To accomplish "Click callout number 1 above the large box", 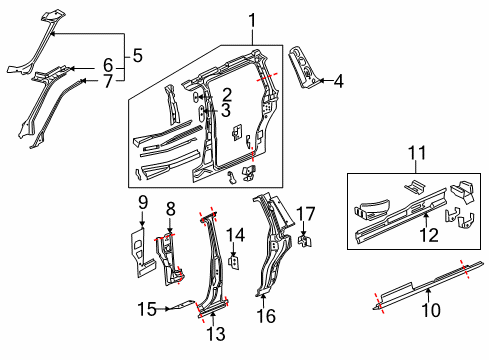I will pyautogui.click(x=252, y=19).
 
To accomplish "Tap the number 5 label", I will pyautogui.click(x=138, y=56).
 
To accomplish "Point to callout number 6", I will pyautogui.click(x=108, y=65).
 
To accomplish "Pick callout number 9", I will pyautogui.click(x=142, y=202).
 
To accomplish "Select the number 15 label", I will pyautogui.click(x=146, y=309).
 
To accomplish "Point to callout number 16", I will pyautogui.click(x=264, y=317).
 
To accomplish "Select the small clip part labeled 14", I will pyautogui.click(x=233, y=262).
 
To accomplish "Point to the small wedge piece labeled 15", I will pyautogui.click(x=179, y=306).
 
